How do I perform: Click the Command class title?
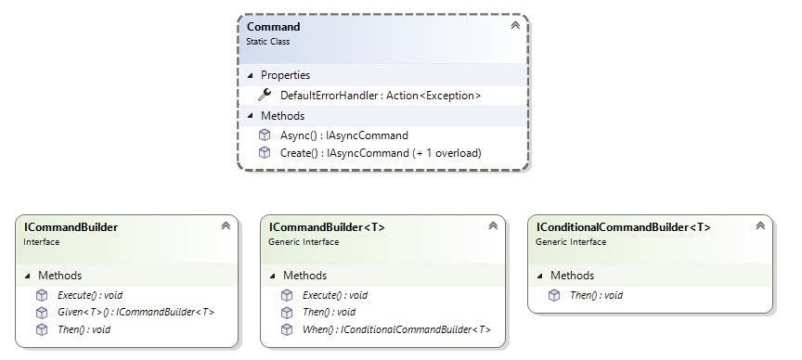[274, 27]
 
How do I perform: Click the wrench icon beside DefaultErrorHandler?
[265, 95]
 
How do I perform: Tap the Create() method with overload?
[378, 152]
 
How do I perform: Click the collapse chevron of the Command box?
[515, 26]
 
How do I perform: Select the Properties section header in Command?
[285, 74]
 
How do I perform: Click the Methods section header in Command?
[282, 115]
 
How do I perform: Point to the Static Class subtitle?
[268, 41]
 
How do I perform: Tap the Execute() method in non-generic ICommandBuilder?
[96, 295]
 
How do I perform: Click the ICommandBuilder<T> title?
[327, 226]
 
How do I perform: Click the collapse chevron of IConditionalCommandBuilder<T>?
[759, 225]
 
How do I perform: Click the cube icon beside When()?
[287, 328]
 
